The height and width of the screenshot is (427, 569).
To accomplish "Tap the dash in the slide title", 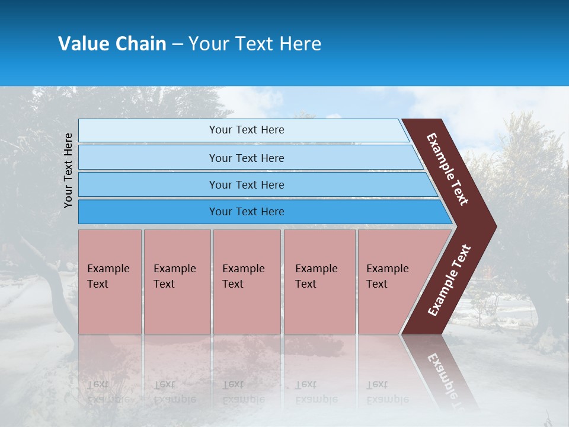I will coord(177,44).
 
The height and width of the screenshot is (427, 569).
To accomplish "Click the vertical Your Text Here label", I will coord(68,170).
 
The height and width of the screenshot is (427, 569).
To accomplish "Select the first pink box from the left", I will coord(110,282).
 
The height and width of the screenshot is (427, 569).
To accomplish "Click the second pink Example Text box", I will coord(177,282).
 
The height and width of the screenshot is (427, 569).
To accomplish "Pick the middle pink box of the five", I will coord(247,282).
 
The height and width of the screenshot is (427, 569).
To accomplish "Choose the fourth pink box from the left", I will coord(319,282).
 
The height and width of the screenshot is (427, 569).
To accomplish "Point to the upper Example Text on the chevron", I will coord(447,169).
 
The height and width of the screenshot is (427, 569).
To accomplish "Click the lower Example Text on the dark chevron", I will coord(449,280).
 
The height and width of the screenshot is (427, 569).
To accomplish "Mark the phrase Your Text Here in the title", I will coord(255,44).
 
